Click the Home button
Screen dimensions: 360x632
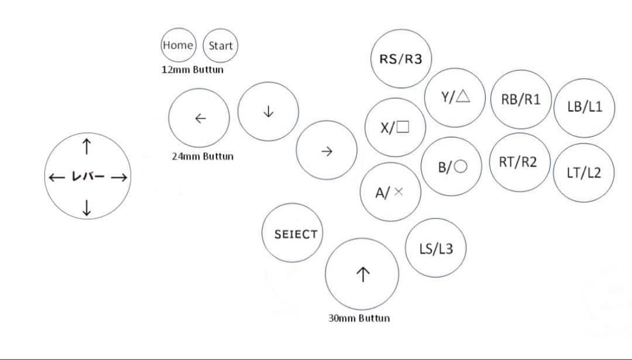coord(178,45)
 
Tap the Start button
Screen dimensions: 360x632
coord(221,46)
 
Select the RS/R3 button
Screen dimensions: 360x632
coord(401,59)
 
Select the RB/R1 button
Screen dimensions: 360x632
coord(521,99)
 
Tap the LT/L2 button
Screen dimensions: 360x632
coord(583,172)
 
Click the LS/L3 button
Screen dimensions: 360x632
coord(436,248)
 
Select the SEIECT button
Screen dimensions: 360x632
coord(296,234)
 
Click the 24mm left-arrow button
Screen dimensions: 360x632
coord(200,118)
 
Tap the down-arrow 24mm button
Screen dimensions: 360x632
coord(269,111)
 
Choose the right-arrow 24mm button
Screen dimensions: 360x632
coord(327,151)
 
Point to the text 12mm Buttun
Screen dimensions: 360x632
coord(192,69)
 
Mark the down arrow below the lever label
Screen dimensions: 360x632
coord(87,207)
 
